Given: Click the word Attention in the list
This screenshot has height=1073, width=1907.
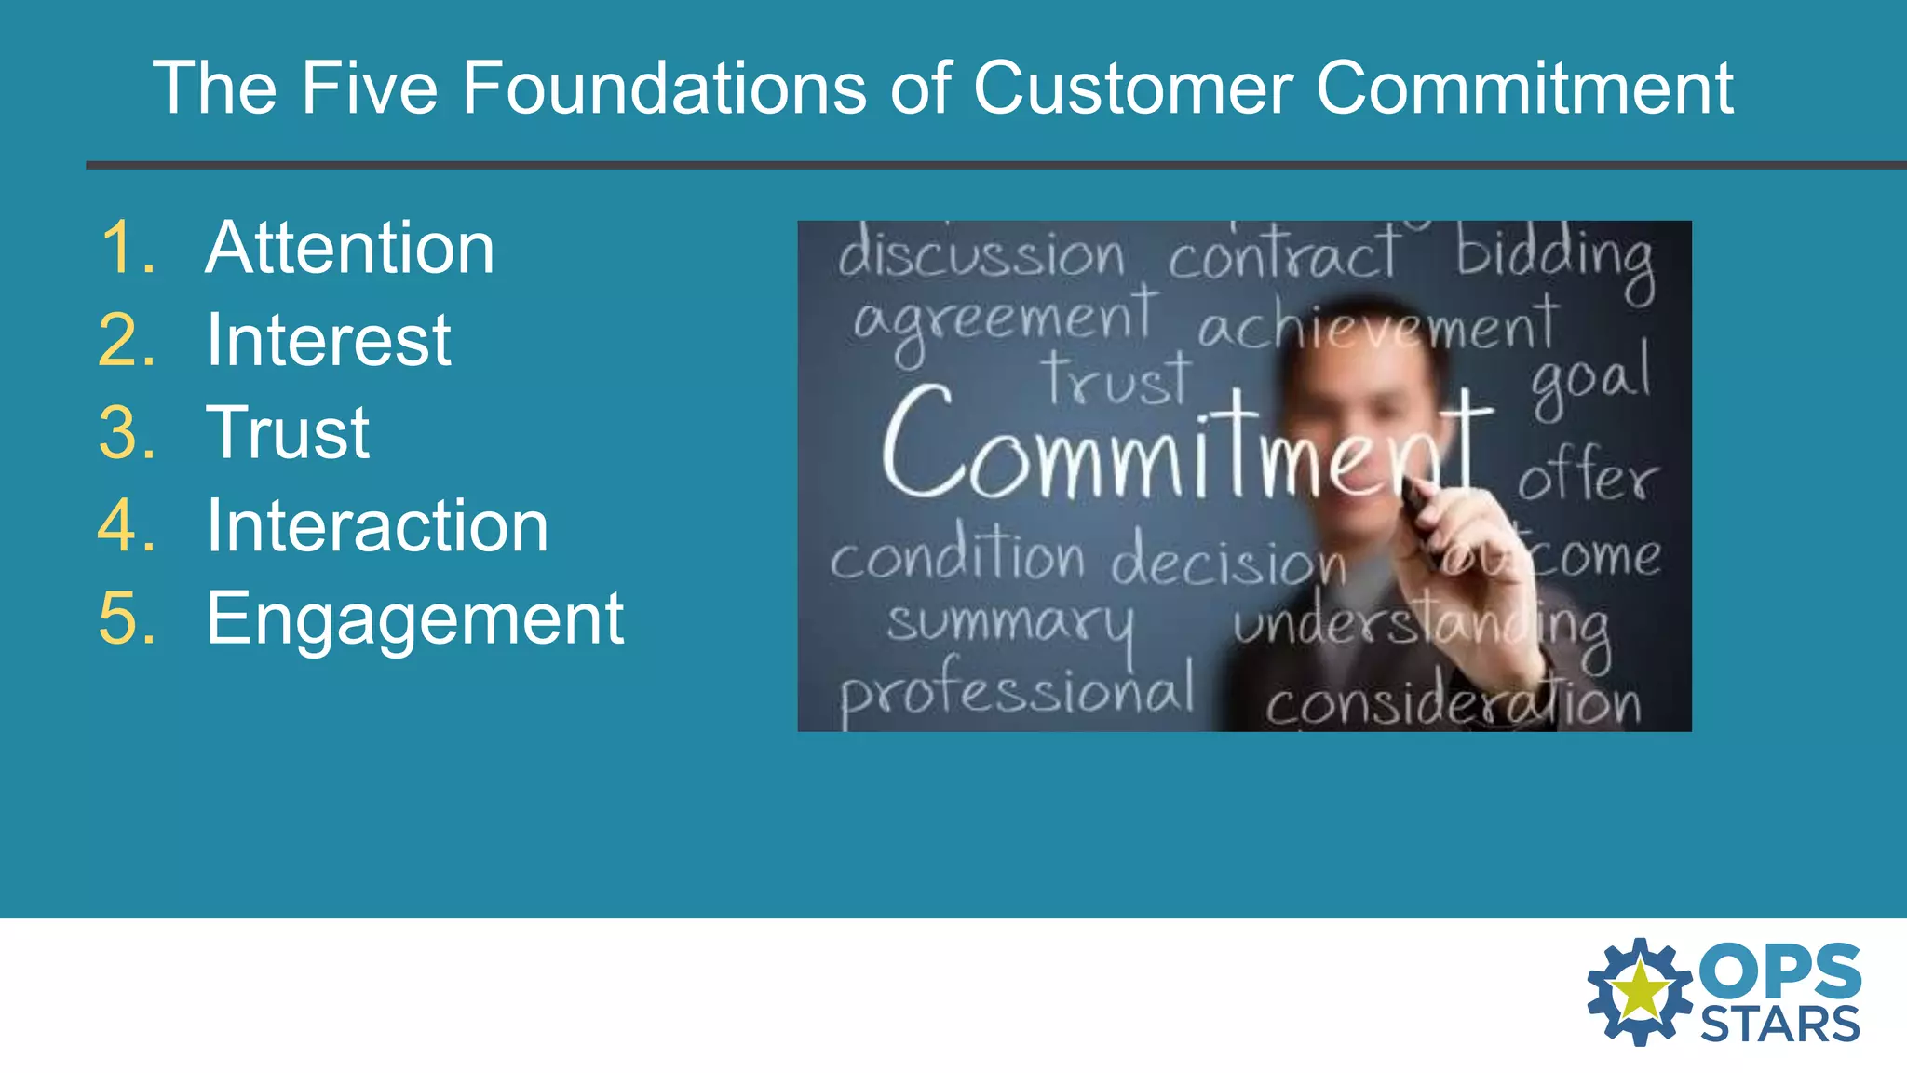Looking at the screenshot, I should [x=349, y=249].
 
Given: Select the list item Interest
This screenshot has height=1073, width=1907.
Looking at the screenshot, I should [x=329, y=340].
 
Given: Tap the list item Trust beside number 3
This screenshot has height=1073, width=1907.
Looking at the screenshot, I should [x=288, y=433].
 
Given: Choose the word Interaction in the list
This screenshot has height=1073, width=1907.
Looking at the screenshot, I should [x=377, y=526].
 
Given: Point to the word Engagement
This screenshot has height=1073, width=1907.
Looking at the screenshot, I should [x=414, y=618].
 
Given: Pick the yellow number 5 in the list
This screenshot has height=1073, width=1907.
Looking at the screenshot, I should [x=126, y=618].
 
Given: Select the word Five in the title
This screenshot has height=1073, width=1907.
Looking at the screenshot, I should [x=368, y=88].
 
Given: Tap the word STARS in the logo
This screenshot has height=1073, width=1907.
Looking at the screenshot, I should [x=1779, y=1025].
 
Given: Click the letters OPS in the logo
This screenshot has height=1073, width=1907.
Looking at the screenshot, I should [x=1779, y=971].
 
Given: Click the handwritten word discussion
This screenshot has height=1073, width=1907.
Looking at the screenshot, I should [x=981, y=253].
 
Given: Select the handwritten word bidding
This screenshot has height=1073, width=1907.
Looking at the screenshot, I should [x=1555, y=256].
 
